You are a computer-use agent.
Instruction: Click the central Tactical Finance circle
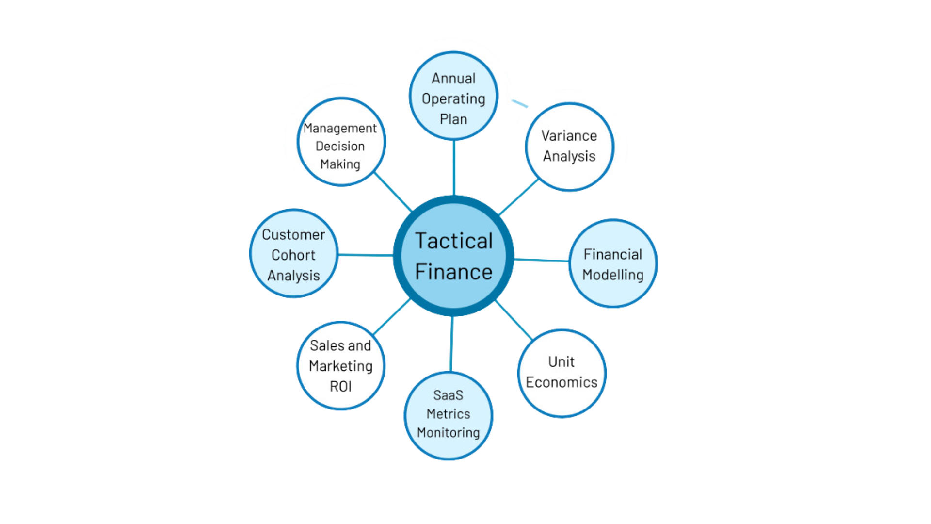(x=453, y=256)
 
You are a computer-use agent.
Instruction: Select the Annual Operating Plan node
(x=453, y=96)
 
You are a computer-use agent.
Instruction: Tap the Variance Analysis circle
(x=570, y=147)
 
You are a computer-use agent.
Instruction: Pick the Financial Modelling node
(x=613, y=263)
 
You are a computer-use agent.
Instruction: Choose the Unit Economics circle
(x=562, y=373)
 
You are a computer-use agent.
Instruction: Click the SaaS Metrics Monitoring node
(x=449, y=416)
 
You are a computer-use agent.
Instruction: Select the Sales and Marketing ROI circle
(x=341, y=365)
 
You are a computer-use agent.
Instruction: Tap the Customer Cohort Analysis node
(x=294, y=253)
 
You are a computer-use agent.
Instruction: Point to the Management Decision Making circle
(x=341, y=142)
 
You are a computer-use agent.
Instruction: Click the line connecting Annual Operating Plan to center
(x=454, y=168)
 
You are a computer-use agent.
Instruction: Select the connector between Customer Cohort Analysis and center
(x=366, y=255)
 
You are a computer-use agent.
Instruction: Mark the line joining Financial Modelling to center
(x=541, y=260)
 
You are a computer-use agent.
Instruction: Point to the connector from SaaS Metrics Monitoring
(x=451, y=344)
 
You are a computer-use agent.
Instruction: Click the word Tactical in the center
(x=454, y=241)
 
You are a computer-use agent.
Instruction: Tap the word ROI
(x=340, y=387)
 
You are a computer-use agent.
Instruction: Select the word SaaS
(x=448, y=395)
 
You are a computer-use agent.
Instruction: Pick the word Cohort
(x=293, y=255)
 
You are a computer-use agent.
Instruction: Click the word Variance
(x=569, y=136)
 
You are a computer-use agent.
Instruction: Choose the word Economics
(x=562, y=382)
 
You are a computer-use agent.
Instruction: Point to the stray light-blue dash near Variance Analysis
(x=520, y=103)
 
